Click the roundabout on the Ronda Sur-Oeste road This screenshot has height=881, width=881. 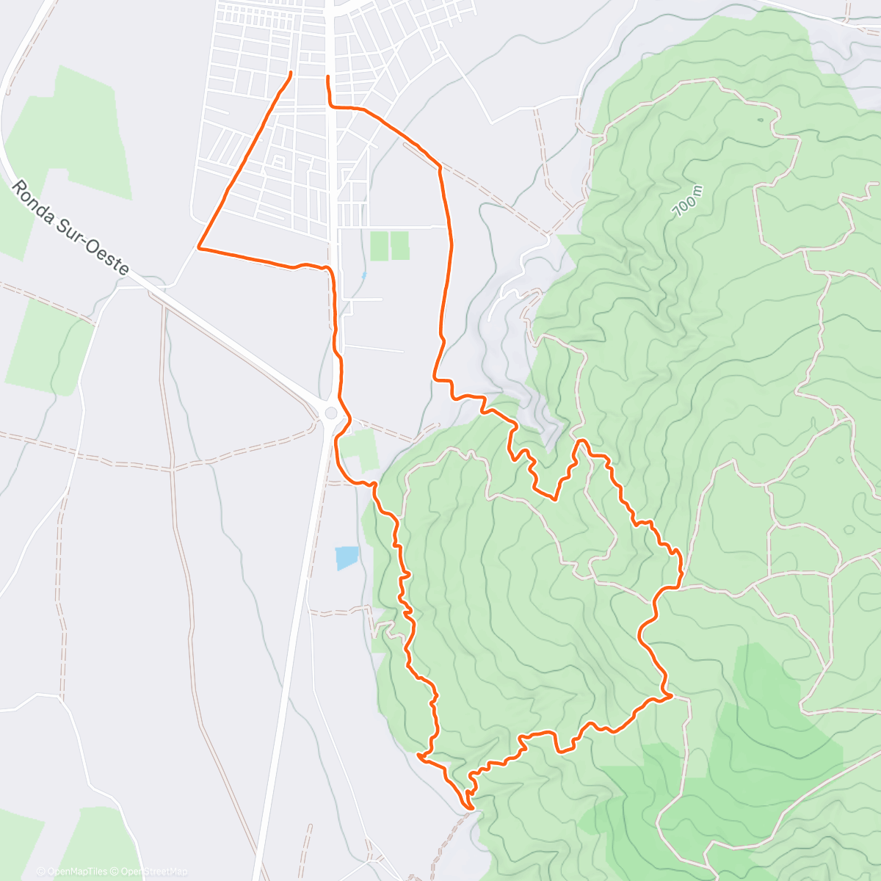[331, 413]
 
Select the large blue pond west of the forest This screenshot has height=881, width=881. [347, 557]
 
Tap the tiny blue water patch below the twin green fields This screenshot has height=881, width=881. [364, 276]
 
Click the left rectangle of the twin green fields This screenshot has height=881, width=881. [380, 246]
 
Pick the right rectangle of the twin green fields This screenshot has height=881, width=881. [400, 246]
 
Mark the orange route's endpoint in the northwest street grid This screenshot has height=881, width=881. [291, 72]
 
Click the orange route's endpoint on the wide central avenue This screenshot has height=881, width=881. [327, 76]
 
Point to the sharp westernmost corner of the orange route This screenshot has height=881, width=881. [199, 248]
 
